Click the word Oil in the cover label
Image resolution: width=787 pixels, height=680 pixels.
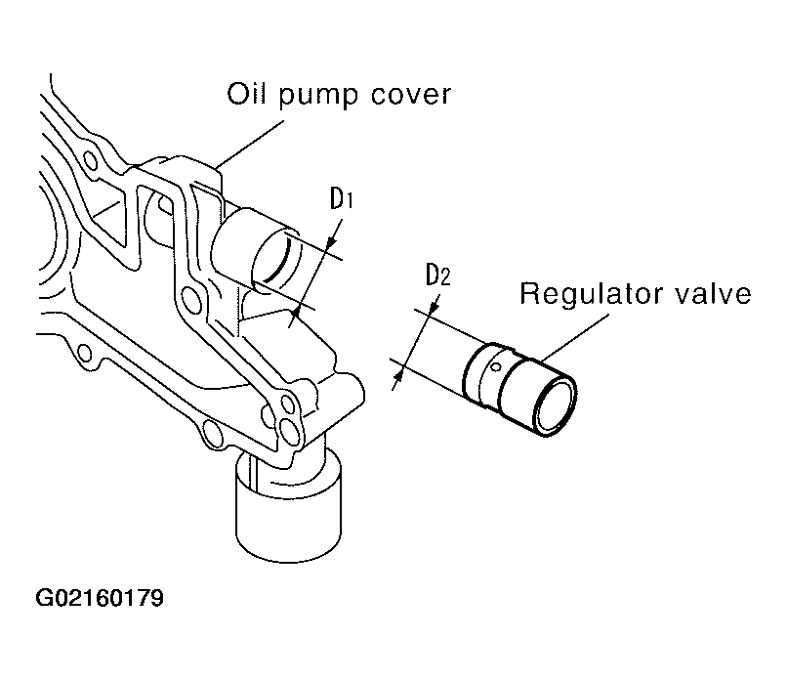(245, 94)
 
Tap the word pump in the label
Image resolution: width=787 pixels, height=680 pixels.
(317, 97)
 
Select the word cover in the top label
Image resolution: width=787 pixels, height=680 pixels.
(410, 96)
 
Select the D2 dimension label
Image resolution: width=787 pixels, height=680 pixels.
(437, 275)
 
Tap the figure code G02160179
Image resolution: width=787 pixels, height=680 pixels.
(100, 598)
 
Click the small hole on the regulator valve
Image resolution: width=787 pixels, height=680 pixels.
(495, 367)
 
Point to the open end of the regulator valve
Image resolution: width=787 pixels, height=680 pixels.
(555, 406)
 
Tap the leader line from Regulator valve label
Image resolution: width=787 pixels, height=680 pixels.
(575, 337)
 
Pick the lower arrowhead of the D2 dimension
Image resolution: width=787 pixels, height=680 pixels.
(399, 374)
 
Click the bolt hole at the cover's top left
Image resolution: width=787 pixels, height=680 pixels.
(91, 161)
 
